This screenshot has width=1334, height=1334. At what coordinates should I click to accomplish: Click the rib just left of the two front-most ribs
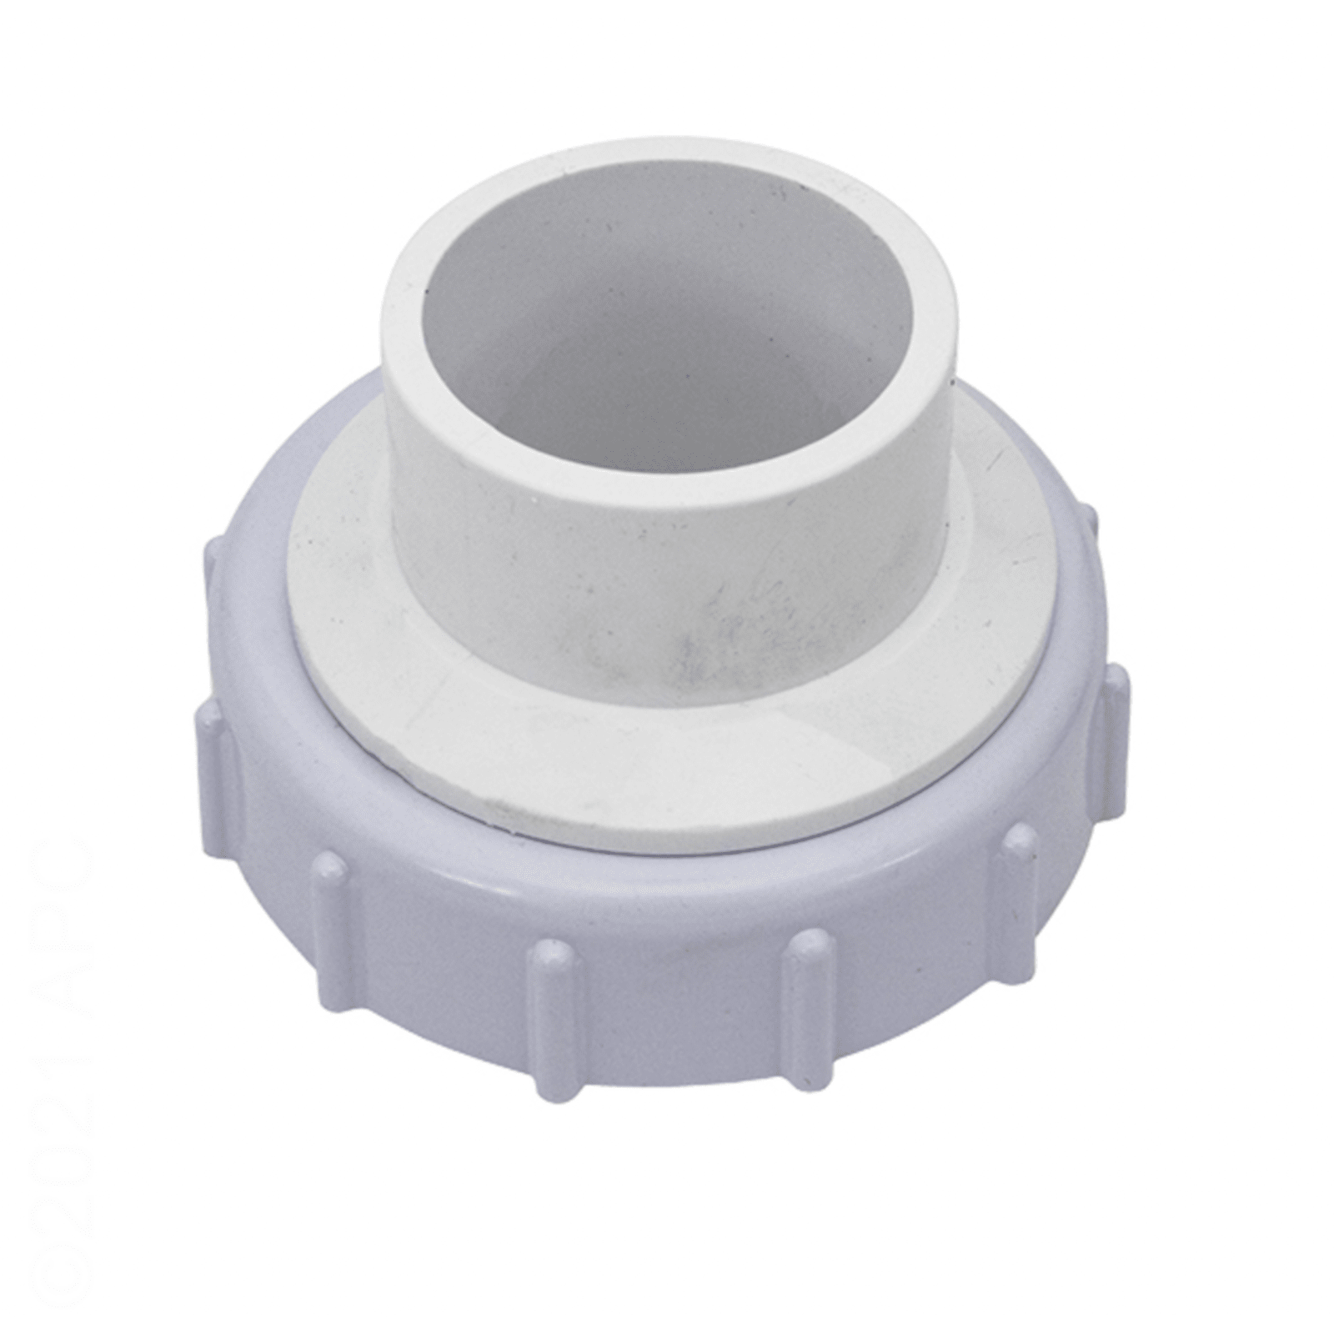click(x=329, y=925)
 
